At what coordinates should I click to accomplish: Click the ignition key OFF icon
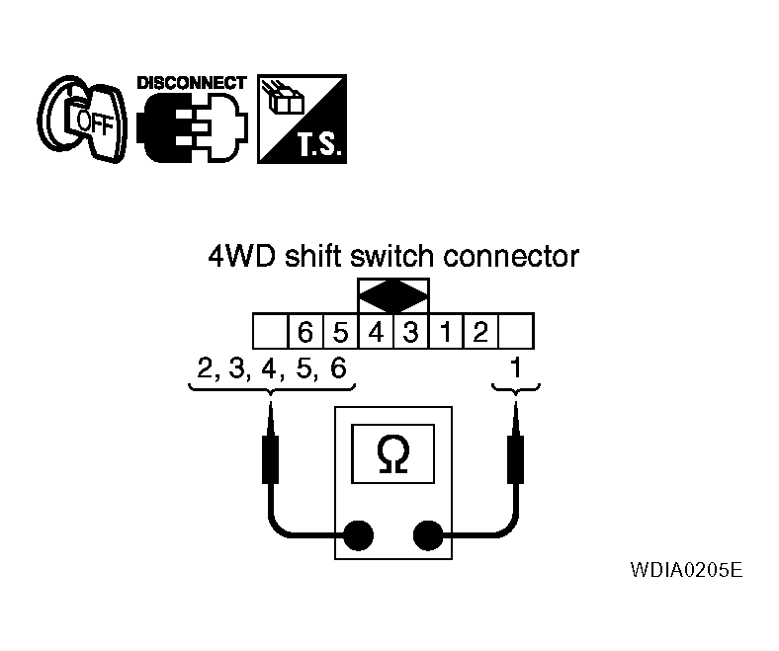(82, 120)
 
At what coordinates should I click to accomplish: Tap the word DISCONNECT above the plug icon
(192, 83)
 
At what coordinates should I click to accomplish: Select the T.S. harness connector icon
(303, 120)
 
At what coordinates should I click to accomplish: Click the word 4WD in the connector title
(241, 256)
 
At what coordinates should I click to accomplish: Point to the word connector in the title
(511, 257)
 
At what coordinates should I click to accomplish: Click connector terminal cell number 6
(305, 331)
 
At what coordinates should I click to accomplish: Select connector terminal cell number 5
(340, 331)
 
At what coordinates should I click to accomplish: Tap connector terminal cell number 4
(376, 331)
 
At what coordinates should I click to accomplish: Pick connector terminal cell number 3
(411, 331)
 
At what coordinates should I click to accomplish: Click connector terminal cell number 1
(446, 331)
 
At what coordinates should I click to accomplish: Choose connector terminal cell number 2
(480, 331)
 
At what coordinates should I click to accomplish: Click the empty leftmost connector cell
(271, 331)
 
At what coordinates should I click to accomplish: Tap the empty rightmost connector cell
(516, 331)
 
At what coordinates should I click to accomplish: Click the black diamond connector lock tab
(393, 296)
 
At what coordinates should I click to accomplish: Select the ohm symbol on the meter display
(393, 454)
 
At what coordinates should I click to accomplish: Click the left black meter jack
(358, 535)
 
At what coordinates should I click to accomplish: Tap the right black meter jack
(428, 535)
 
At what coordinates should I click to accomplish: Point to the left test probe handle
(270, 459)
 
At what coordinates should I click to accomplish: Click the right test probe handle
(516, 459)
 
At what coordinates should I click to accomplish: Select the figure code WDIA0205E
(687, 570)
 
